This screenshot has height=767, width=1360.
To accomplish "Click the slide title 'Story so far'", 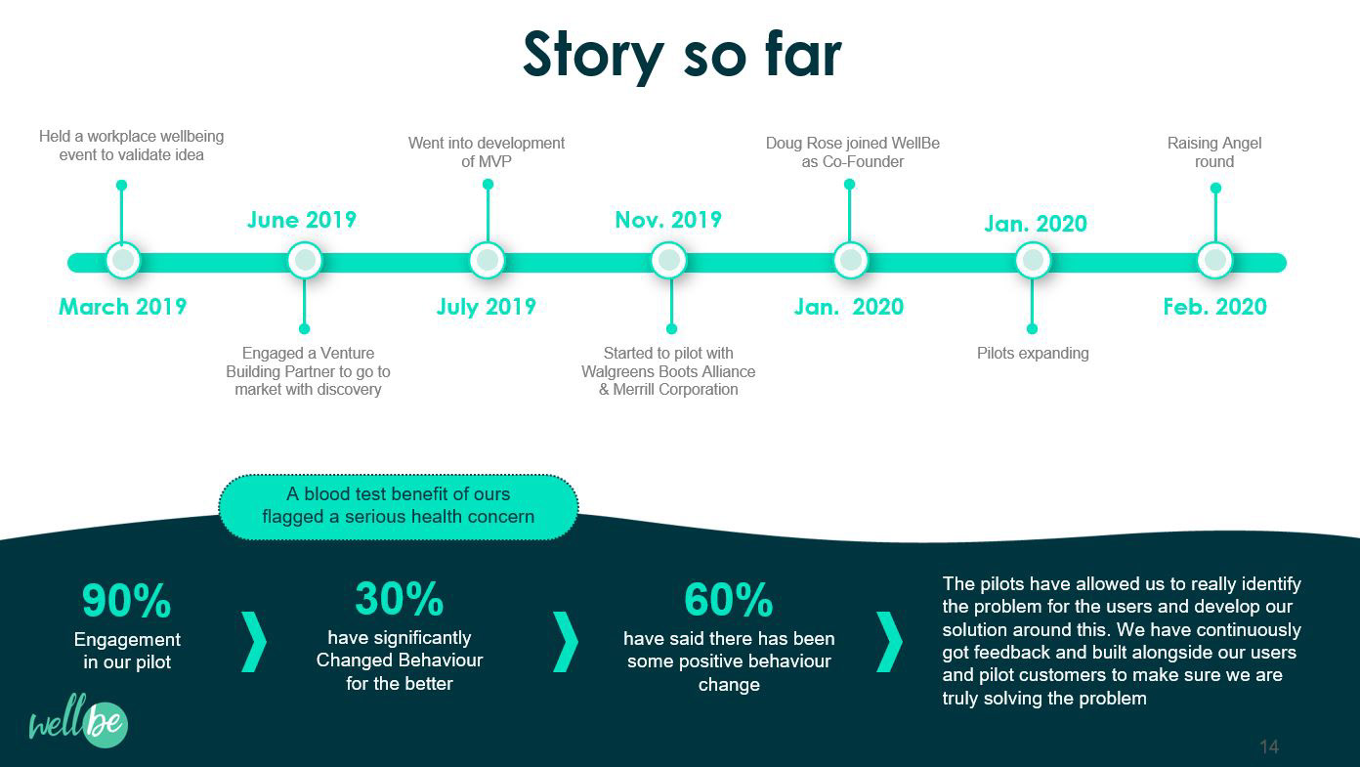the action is (681, 55).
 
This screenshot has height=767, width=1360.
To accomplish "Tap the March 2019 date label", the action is (122, 307).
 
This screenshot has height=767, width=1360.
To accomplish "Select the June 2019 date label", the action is (301, 220).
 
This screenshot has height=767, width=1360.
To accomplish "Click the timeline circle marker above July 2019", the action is (487, 261).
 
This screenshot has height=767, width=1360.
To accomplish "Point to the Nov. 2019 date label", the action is (668, 220).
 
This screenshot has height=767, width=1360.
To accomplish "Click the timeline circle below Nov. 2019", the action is (669, 261).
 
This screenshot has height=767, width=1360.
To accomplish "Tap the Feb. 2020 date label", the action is (1214, 307).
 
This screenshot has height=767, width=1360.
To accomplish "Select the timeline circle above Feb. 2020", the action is (1214, 261).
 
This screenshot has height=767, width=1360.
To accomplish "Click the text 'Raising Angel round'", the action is (1214, 152).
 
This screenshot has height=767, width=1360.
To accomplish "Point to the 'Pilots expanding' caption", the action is (1033, 353).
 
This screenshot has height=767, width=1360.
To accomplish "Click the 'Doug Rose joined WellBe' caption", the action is (852, 152).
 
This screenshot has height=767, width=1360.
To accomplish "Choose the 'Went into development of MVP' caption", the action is (487, 152).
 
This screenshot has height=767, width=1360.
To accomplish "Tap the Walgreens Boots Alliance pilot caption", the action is (668, 371).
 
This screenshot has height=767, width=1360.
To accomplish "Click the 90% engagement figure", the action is (126, 601).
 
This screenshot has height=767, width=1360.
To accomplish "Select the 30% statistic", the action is (399, 599).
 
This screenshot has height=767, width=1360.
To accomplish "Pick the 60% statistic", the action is (729, 600).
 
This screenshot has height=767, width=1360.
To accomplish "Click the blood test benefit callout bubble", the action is (399, 506).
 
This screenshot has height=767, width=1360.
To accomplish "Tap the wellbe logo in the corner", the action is (78, 723).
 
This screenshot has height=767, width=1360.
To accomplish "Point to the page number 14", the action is (1268, 747).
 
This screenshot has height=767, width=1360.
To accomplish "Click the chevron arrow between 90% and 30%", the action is (254, 642).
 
